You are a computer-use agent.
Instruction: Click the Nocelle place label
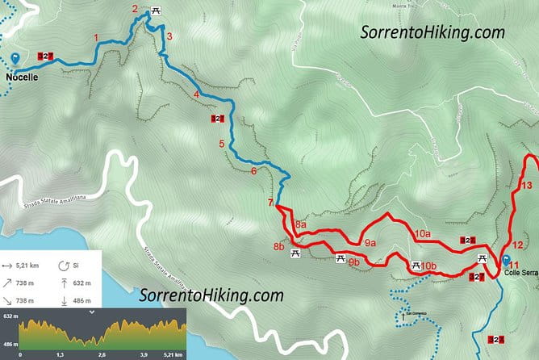pyautogui.click(x=22, y=77)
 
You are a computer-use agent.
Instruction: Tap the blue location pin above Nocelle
pyautogui.click(x=16, y=59)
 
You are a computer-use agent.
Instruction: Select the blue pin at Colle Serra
pyautogui.click(x=507, y=261)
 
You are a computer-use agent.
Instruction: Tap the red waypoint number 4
pyautogui.click(x=196, y=95)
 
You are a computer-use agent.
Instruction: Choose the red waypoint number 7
pyautogui.click(x=270, y=202)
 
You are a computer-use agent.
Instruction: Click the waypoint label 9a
pyautogui.click(x=370, y=242)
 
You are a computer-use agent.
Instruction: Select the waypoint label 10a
pyautogui.click(x=422, y=233)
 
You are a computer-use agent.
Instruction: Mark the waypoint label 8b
pyautogui.click(x=278, y=246)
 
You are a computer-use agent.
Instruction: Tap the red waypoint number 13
pyautogui.click(x=527, y=186)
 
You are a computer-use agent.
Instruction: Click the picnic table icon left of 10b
pyautogui.click(x=416, y=266)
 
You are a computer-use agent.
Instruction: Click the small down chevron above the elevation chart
pyautogui.click(x=92, y=311)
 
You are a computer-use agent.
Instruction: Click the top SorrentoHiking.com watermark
pyautogui.click(x=432, y=32)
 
